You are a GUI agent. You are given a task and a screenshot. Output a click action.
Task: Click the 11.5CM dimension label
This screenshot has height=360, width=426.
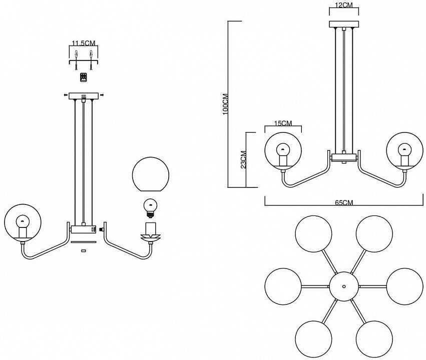point(84,43)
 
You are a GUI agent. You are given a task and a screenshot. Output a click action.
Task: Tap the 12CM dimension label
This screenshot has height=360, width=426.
point(344,5)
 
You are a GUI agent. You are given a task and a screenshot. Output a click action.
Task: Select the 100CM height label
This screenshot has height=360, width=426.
point(225,104)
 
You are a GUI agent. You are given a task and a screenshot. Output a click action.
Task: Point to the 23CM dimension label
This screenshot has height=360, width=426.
point(243,159)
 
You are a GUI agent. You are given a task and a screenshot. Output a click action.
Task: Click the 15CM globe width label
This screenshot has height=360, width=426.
point(283,123)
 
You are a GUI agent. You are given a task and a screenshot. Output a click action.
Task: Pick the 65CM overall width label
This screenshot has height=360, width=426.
point(344,202)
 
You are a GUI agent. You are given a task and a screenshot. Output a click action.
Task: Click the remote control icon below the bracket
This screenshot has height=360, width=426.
point(84,77)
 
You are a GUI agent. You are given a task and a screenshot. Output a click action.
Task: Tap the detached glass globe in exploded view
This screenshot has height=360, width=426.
point(151,174)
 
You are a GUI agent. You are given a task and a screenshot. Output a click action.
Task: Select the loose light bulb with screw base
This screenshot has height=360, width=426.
point(150,208)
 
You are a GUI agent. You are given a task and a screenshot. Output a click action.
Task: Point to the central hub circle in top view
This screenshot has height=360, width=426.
point(344,286)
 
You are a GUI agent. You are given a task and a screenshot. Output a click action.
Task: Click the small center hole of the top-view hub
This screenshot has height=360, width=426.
point(344,286)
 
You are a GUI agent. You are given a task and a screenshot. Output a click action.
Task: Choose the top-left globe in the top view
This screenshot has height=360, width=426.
point(313,234)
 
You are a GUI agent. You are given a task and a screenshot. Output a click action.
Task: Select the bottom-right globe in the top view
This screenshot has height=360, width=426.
point(374,338)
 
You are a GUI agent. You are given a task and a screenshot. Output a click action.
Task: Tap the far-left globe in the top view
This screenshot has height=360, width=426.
point(283,286)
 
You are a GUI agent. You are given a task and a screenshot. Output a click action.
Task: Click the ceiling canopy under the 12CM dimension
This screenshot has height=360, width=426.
point(344,24)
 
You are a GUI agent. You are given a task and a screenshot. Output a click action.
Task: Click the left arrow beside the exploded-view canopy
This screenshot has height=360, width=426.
point(66,95)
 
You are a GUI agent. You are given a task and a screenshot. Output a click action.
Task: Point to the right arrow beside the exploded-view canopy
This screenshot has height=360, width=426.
point(102,95)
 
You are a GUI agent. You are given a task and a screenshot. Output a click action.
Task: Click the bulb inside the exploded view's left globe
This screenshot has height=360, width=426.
point(23,222)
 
